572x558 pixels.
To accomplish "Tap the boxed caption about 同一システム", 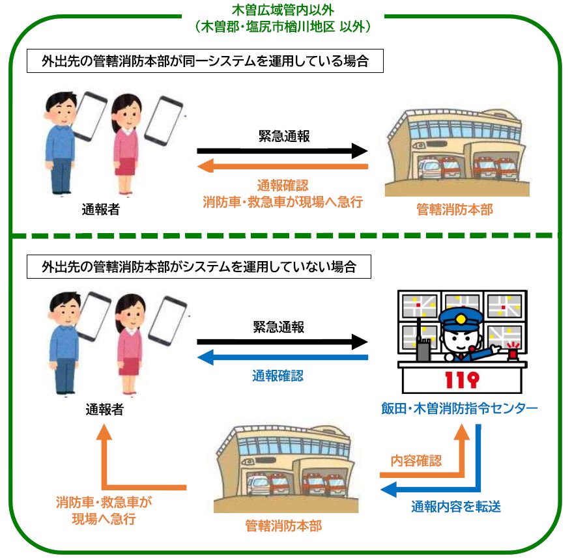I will click(x=203, y=63).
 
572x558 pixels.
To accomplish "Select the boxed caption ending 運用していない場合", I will click(x=198, y=267).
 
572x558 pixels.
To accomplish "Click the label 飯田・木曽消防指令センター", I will click(x=460, y=409).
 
